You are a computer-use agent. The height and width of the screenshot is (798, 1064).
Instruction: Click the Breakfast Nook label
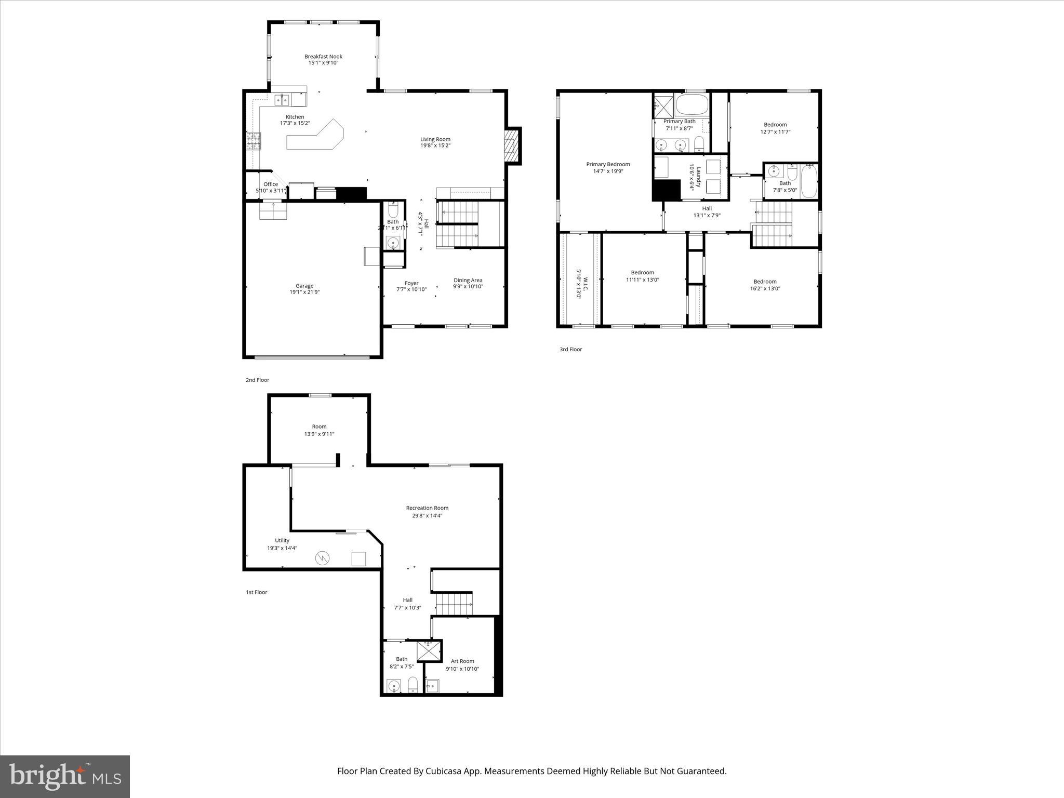[323, 57]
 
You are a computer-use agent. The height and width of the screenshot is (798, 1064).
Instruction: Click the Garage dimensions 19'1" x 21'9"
[304, 292]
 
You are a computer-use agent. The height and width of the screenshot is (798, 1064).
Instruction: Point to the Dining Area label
[468, 280]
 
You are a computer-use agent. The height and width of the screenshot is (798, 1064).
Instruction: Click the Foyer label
[411, 283]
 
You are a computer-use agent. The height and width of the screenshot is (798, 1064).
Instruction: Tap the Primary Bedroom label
[608, 164]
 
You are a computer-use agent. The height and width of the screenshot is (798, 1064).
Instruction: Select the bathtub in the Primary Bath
[691, 105]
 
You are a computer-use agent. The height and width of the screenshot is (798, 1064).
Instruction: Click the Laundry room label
[699, 177]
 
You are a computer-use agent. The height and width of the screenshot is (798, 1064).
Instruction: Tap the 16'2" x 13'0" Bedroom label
[765, 282]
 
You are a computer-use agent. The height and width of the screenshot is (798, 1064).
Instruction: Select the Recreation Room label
[427, 508]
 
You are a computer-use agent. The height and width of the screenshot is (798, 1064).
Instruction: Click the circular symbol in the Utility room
[322, 558]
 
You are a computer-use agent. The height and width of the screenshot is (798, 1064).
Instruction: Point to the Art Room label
[462, 661]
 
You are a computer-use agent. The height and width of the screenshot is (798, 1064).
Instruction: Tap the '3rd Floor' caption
[570, 350]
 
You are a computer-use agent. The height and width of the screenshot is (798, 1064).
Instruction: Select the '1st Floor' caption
[256, 592]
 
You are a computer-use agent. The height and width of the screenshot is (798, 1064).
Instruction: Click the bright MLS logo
[65, 776]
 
